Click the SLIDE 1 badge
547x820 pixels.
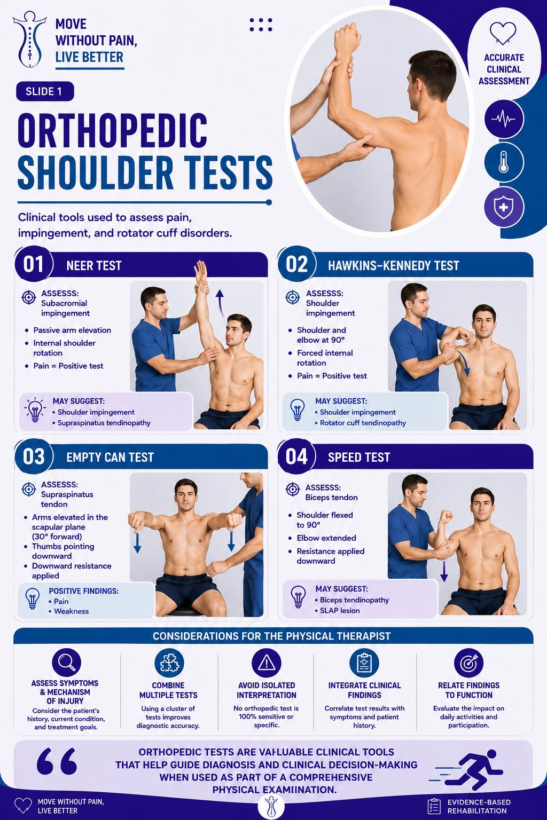(45, 91)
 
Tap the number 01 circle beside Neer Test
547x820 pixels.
(34, 264)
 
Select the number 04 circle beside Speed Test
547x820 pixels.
(296, 456)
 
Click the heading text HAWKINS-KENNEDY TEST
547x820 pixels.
(393, 265)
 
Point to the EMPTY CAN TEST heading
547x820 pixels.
(110, 457)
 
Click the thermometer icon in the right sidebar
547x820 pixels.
(504, 162)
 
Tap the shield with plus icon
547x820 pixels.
(504, 207)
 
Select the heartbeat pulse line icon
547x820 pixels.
(504, 119)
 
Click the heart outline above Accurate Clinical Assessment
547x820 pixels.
(503, 34)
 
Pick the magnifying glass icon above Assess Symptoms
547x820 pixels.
(66, 662)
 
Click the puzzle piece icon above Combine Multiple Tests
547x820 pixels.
(169, 663)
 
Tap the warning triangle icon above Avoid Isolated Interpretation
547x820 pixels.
(267, 663)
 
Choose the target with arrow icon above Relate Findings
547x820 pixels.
(468, 663)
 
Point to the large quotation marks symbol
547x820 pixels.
(57, 761)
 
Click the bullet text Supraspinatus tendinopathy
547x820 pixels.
(104, 423)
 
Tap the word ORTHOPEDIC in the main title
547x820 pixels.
(113, 130)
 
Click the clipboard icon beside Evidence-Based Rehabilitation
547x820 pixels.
(434, 806)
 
